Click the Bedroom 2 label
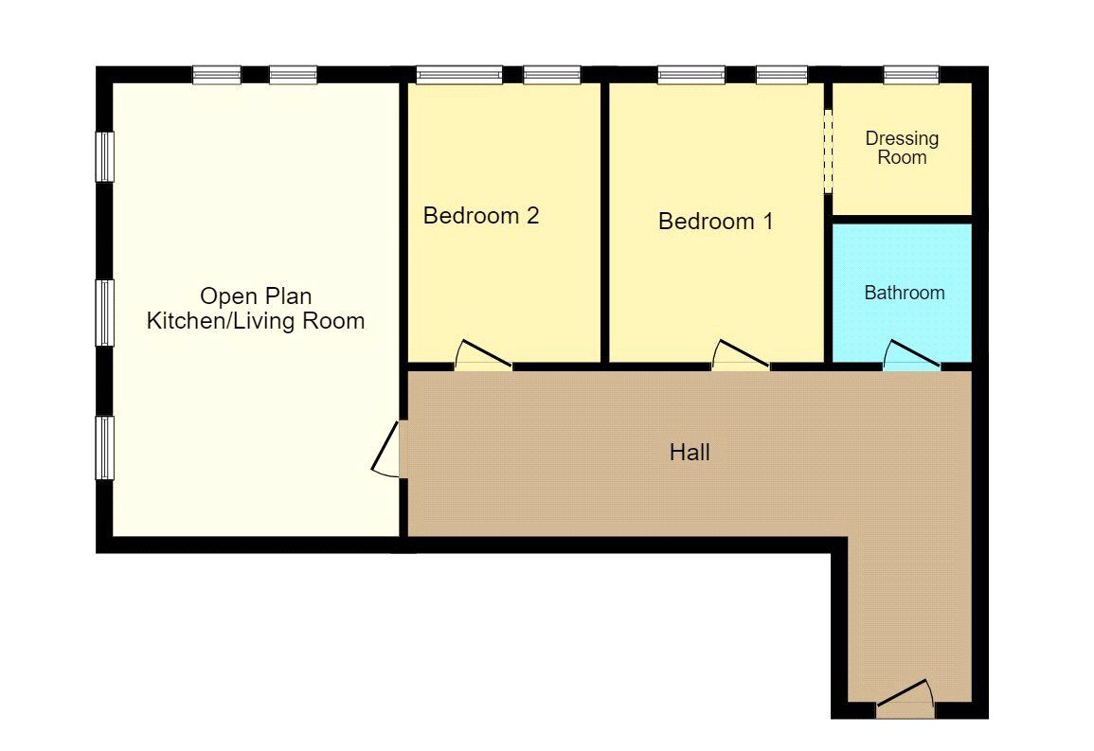(481, 216)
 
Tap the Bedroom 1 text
(715, 222)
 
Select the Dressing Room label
(902, 148)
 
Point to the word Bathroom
(904, 293)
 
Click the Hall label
(690, 453)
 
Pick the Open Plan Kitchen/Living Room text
(256, 310)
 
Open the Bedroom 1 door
(741, 356)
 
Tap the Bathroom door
(911, 357)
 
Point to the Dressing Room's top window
(911, 74)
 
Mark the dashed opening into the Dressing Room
(827, 152)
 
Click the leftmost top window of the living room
(217, 74)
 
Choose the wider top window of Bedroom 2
(459, 74)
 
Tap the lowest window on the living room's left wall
(105, 447)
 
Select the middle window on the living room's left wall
(105, 312)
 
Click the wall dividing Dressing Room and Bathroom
(902, 219)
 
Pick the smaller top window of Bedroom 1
(781, 74)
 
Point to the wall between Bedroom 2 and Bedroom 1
(604, 223)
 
